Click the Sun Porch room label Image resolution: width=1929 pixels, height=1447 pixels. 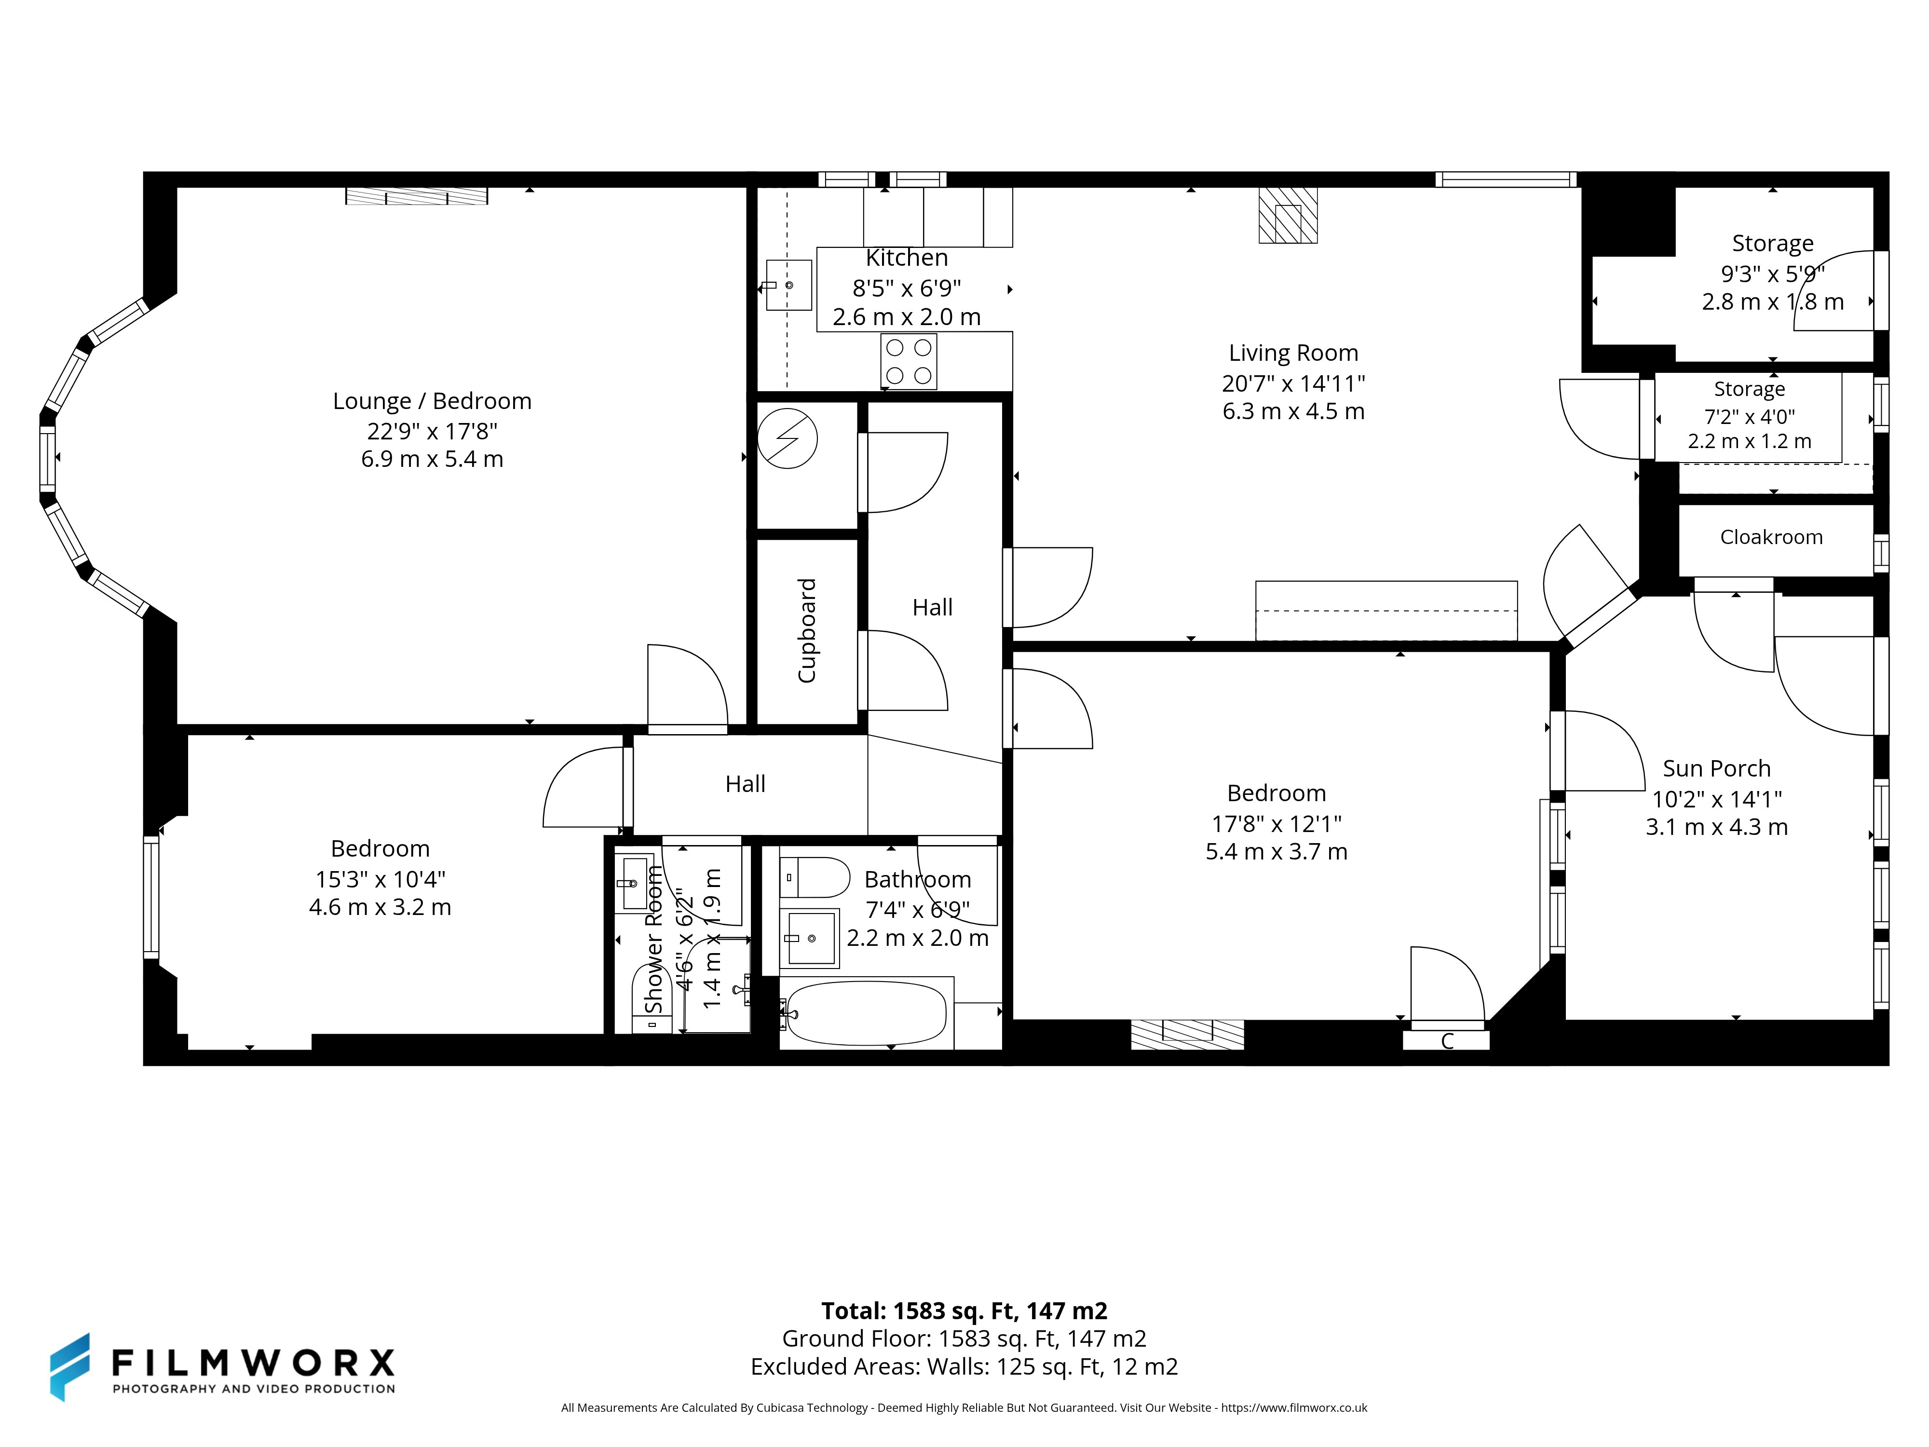click(x=1716, y=768)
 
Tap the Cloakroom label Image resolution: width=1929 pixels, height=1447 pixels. click(x=1771, y=537)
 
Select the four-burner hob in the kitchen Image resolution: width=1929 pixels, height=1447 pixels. click(x=909, y=361)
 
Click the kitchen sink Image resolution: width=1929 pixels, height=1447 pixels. click(x=788, y=285)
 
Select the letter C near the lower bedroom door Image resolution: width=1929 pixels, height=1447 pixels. click(x=1447, y=1040)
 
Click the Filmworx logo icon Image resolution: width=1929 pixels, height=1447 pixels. click(x=70, y=1367)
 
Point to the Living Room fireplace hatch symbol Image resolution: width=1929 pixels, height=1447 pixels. click(x=1288, y=216)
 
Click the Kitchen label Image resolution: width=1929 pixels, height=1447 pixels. click(x=907, y=258)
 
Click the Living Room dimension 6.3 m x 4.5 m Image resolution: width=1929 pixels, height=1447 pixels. click(x=1293, y=412)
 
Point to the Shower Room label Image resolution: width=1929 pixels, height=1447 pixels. click(x=654, y=940)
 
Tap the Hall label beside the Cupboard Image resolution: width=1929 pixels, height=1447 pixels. click(x=932, y=607)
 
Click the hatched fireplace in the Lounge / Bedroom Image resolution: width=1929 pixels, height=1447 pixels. click(x=417, y=196)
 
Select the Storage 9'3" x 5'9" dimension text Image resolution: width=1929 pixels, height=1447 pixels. click(x=1773, y=274)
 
